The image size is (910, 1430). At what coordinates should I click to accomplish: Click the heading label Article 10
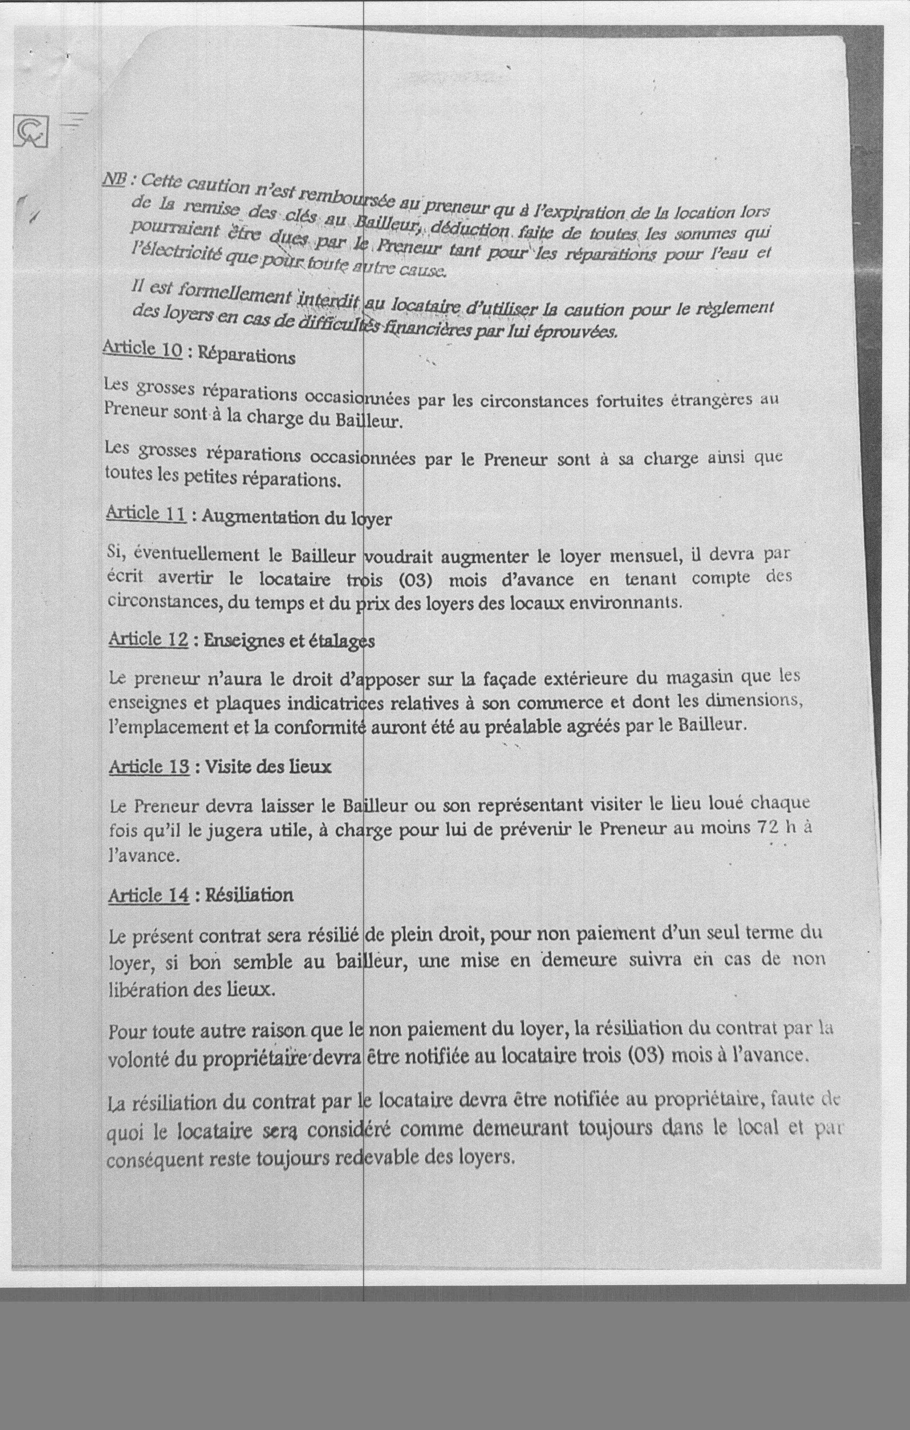pyautogui.click(x=143, y=349)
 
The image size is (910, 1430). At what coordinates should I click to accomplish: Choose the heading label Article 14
pyautogui.click(x=149, y=895)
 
